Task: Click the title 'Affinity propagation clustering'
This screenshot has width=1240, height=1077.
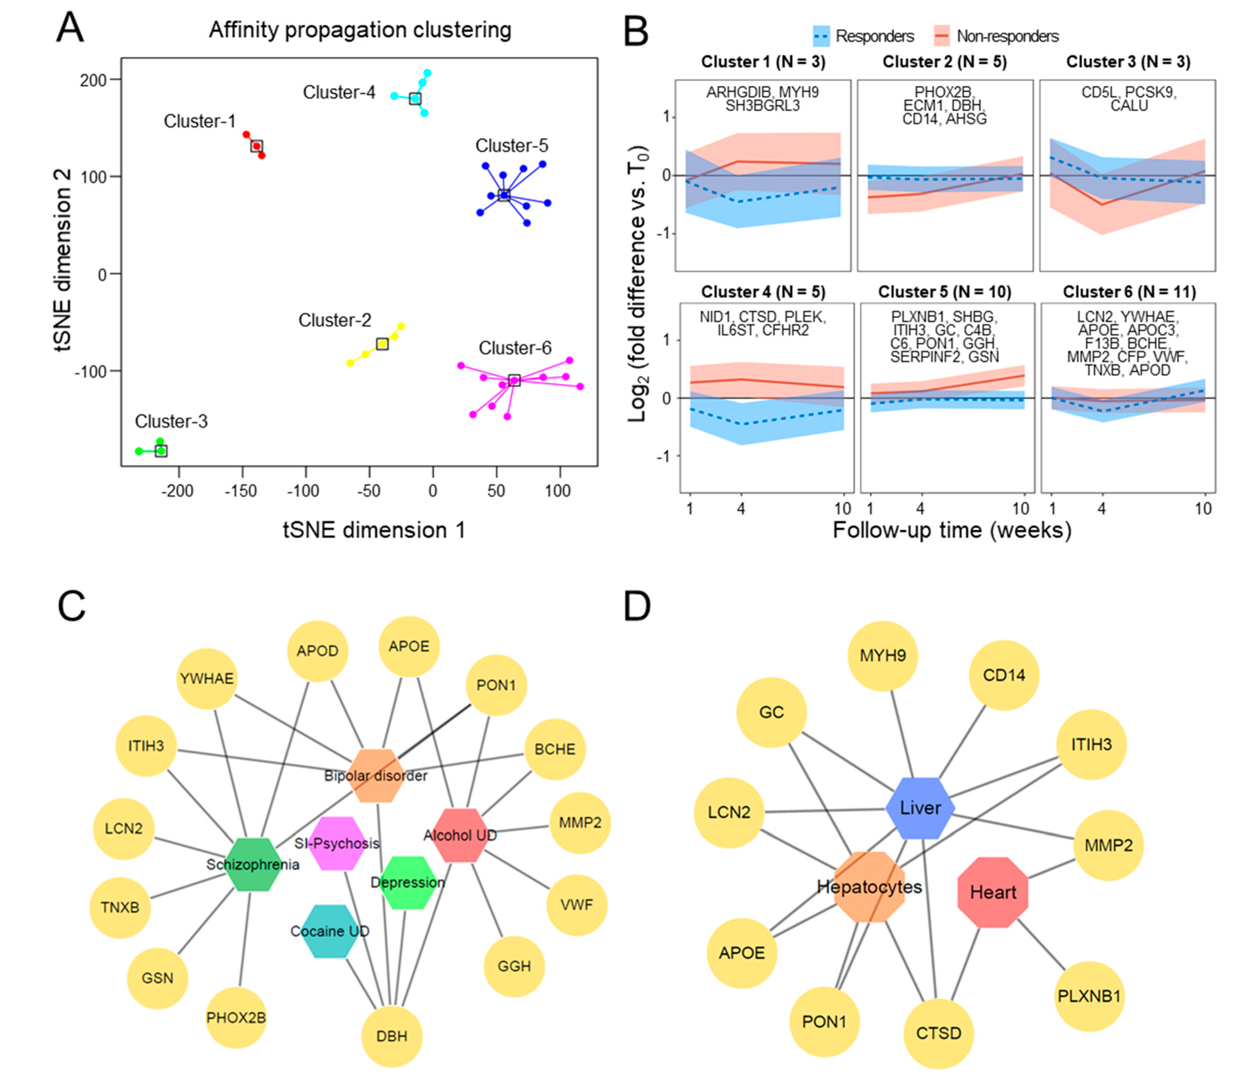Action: coord(360,30)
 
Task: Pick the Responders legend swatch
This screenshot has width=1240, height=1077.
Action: coord(821,37)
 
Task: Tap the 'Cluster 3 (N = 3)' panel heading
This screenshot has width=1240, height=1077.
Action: coord(1128,62)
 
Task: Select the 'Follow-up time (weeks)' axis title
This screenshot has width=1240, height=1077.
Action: coord(952,530)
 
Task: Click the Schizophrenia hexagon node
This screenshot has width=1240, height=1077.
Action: coord(253,864)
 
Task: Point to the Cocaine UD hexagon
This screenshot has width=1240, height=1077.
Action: coord(329,931)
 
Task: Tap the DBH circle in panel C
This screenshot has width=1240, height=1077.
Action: coord(392,1036)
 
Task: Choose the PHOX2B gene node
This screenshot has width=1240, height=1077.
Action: coord(236,1018)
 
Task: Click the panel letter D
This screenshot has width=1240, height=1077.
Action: coord(637,607)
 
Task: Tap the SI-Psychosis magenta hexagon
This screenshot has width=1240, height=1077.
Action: coord(337,843)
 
